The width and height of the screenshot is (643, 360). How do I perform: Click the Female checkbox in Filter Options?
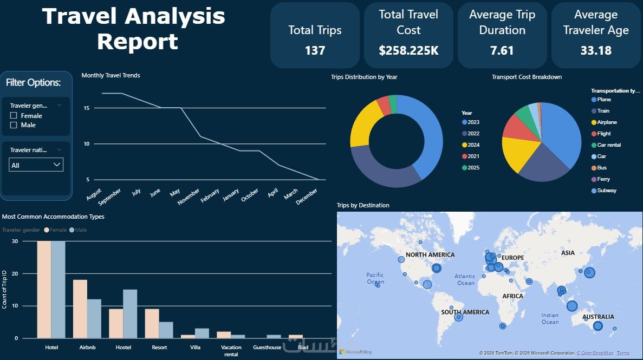click(x=14, y=116)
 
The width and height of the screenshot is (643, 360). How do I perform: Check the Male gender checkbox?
click(x=14, y=125)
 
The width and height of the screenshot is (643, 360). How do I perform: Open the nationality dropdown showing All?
click(x=36, y=165)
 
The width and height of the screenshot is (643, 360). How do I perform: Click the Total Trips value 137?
click(x=315, y=51)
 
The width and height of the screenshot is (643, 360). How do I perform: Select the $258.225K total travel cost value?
click(x=408, y=51)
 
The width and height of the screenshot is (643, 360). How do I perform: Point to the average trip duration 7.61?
click(x=502, y=51)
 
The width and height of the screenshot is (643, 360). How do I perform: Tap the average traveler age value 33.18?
click(x=596, y=51)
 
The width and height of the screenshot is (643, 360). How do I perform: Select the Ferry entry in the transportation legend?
click(x=603, y=179)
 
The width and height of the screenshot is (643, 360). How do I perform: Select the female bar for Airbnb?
click(x=80, y=309)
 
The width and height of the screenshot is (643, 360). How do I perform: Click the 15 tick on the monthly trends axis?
click(x=87, y=108)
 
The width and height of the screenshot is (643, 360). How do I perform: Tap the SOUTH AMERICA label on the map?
click(x=465, y=312)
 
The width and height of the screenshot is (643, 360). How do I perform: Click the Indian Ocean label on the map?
click(x=549, y=319)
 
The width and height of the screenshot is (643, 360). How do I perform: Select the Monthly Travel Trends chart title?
click(x=111, y=76)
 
